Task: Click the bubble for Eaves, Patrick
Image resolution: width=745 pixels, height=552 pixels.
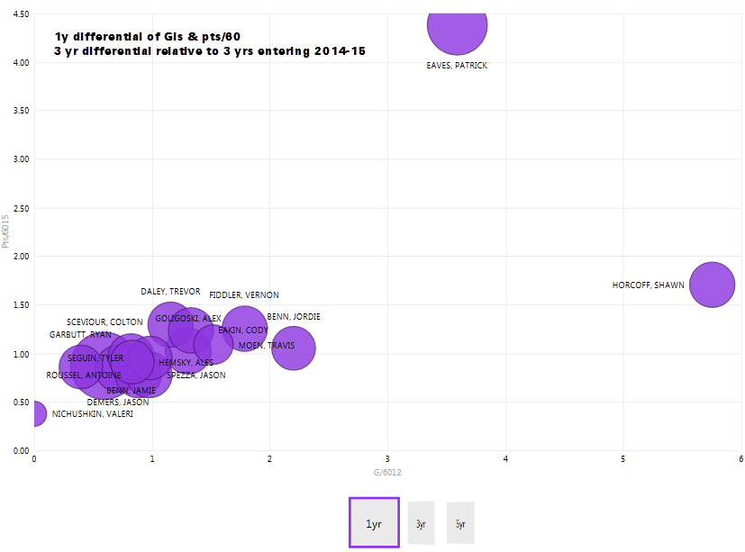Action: click(x=458, y=25)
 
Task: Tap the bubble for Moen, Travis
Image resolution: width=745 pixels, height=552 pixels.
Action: click(x=293, y=348)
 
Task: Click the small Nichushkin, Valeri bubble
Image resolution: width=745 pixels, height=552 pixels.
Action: click(x=34, y=414)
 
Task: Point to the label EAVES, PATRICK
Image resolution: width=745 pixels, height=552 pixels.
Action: click(x=457, y=66)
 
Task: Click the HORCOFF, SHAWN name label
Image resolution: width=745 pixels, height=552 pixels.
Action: click(x=648, y=285)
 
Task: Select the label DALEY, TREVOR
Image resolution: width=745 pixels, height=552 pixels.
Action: click(x=170, y=292)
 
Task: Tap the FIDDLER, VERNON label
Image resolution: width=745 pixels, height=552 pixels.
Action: click(x=243, y=295)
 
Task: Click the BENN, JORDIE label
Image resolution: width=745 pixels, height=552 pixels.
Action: click(x=294, y=317)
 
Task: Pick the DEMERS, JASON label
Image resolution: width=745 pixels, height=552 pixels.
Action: click(x=118, y=403)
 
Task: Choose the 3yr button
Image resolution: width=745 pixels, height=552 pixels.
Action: click(x=421, y=523)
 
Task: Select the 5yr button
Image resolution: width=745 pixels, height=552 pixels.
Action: click(x=460, y=523)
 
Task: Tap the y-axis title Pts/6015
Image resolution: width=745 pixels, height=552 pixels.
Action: click(x=7, y=230)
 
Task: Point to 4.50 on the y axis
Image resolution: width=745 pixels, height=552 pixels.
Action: click(x=20, y=14)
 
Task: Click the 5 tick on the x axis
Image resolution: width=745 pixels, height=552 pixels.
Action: click(x=622, y=459)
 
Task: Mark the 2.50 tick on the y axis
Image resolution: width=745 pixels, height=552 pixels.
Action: click(x=20, y=208)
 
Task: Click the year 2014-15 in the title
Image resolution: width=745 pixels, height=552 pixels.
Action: click(x=340, y=52)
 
